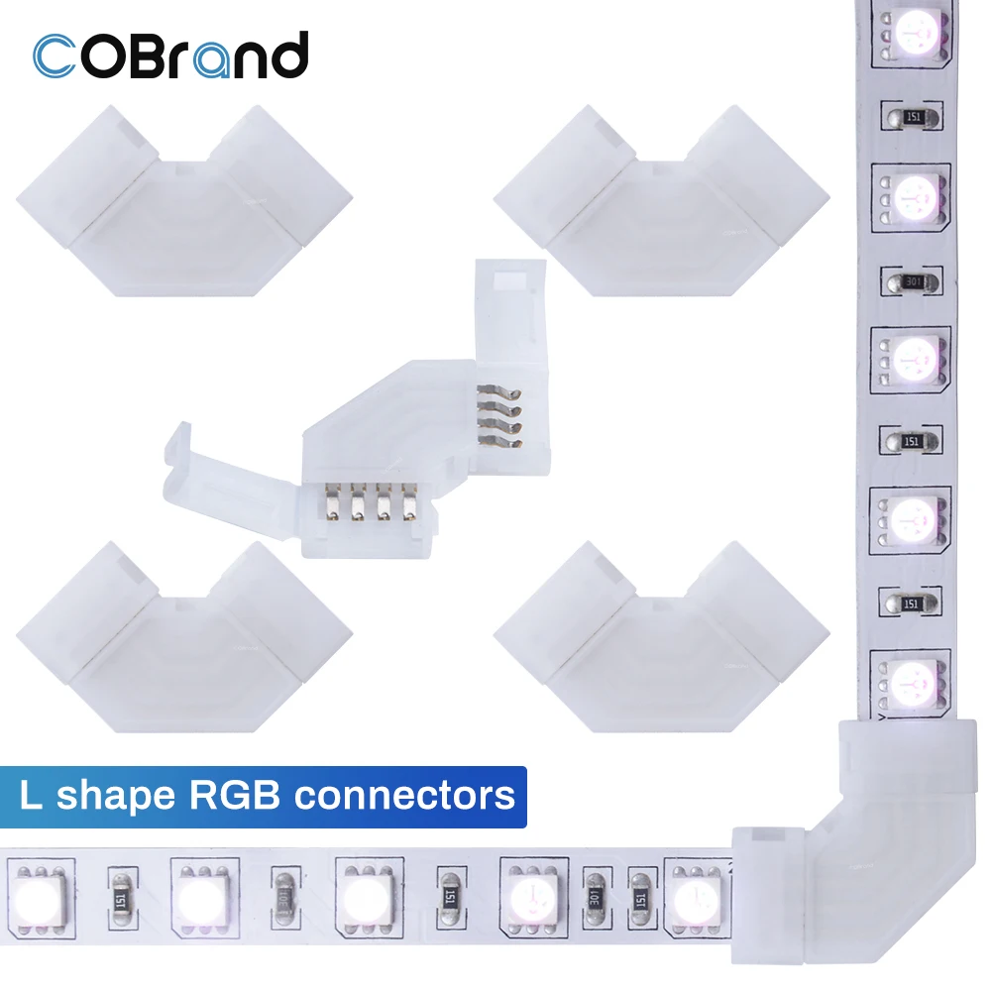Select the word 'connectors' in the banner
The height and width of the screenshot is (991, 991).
[422, 795]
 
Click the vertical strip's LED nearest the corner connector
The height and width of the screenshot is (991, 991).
[907, 682]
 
